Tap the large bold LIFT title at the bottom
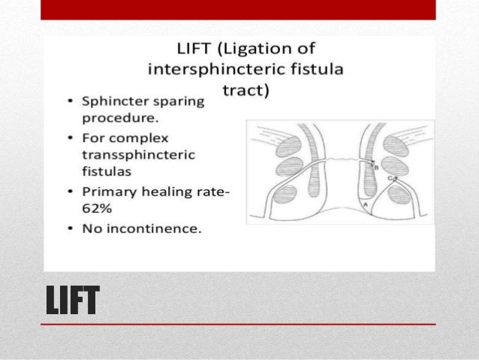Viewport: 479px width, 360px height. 72,301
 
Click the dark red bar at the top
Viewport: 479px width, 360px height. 239,9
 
